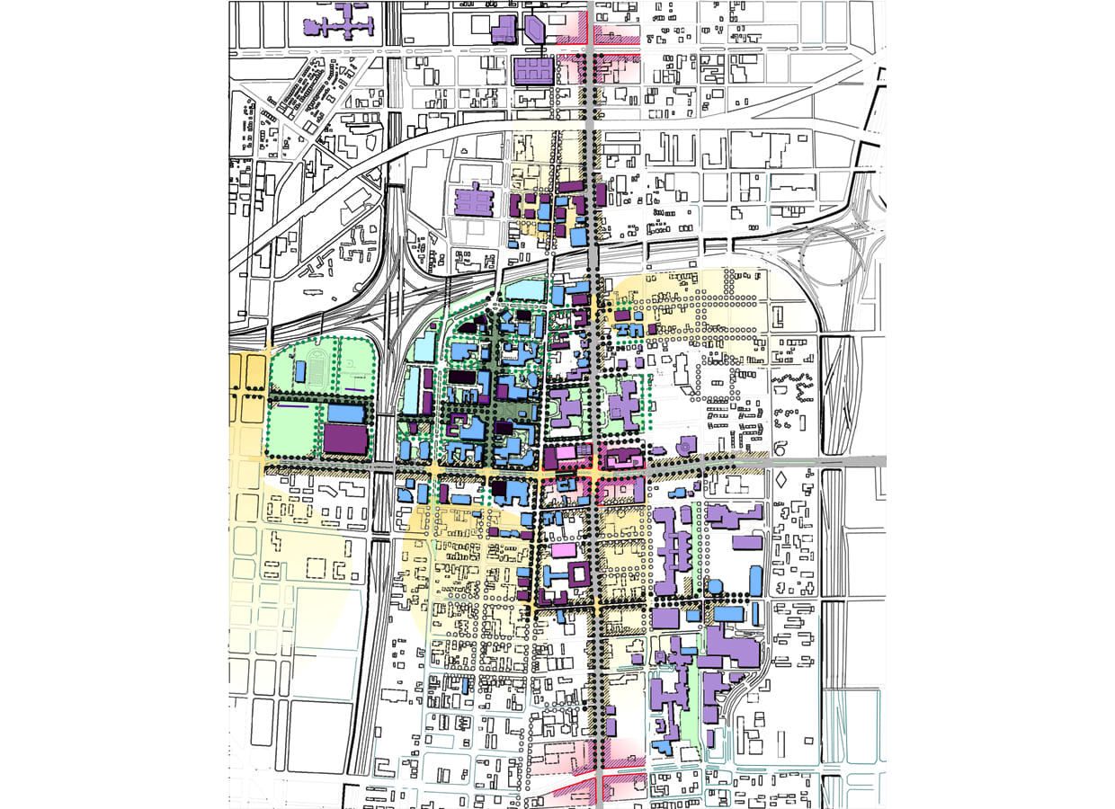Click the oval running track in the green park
(317, 367)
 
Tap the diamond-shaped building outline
(780, 480)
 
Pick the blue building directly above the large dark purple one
(347, 413)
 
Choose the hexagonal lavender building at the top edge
(536, 28)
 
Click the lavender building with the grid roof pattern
(533, 71)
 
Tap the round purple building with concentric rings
(686, 446)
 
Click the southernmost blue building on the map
(664, 747)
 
